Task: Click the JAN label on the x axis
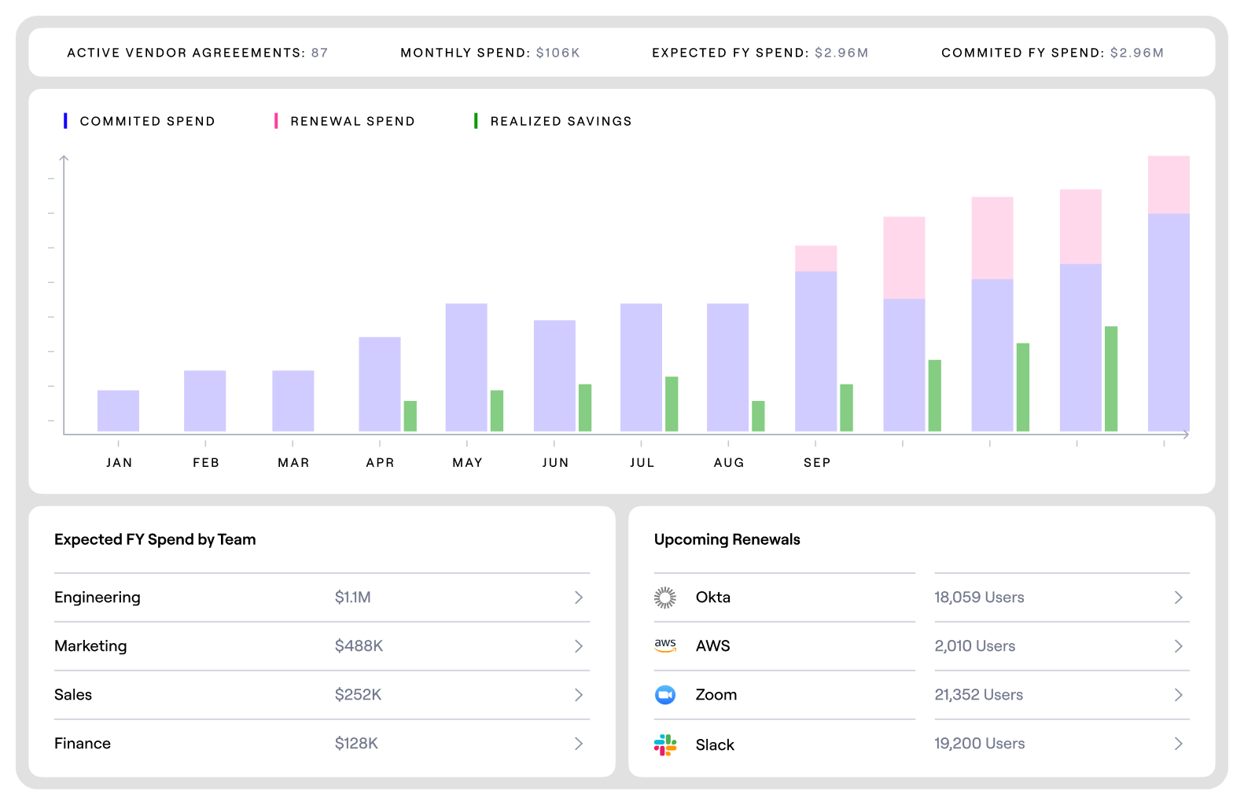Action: click(x=120, y=462)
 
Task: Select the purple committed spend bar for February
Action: click(x=204, y=401)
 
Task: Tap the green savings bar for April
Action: click(x=410, y=416)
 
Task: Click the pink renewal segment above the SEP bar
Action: click(x=815, y=259)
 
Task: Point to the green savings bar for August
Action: click(x=758, y=416)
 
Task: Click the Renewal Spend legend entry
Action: click(x=351, y=121)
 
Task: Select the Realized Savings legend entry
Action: click(x=560, y=121)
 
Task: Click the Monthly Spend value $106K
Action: click(x=558, y=53)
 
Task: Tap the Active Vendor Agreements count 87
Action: click(x=319, y=53)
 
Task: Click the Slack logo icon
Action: click(x=665, y=744)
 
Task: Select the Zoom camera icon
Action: click(x=665, y=695)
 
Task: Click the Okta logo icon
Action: click(x=665, y=597)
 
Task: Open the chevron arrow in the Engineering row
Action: click(x=579, y=597)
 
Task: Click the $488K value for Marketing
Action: click(x=359, y=646)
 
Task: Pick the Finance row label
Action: click(x=83, y=744)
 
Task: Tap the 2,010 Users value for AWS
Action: click(x=974, y=646)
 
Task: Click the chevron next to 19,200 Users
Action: click(x=1178, y=744)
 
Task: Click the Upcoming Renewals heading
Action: click(x=727, y=539)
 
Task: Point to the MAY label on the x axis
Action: click(x=467, y=462)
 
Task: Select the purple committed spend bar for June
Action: click(x=554, y=376)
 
